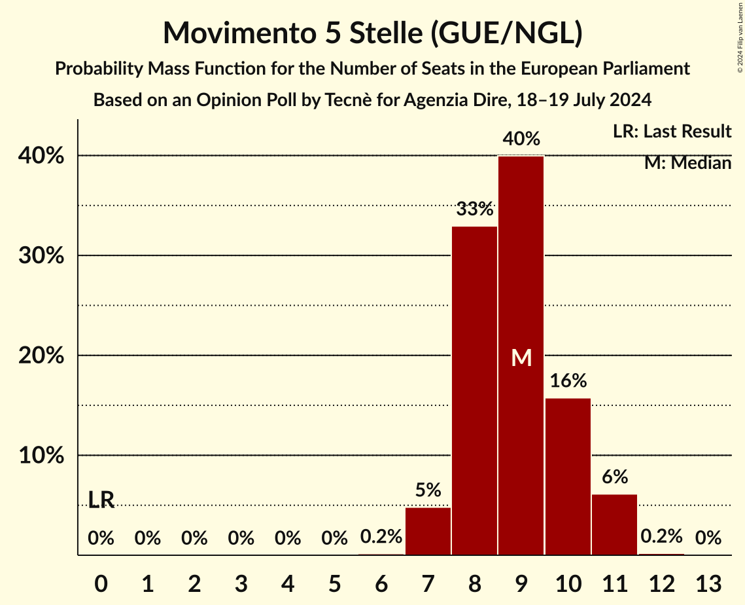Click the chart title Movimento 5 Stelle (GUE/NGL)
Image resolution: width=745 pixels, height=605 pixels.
[372, 33]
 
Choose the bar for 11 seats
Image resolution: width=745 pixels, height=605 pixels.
[614, 524]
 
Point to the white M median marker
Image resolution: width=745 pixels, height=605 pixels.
[521, 357]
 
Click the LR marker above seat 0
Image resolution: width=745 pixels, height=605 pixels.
[101, 500]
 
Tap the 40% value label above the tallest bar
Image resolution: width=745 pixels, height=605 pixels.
[521, 139]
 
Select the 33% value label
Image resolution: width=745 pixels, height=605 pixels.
[474, 210]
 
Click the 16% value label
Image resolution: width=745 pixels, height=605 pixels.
[568, 380]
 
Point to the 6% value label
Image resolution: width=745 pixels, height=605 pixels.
[614, 477]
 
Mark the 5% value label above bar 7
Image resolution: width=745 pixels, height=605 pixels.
[428, 490]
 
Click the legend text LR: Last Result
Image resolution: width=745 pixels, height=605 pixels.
[672, 132]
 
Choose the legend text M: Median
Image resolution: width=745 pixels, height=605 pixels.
[687, 162]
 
